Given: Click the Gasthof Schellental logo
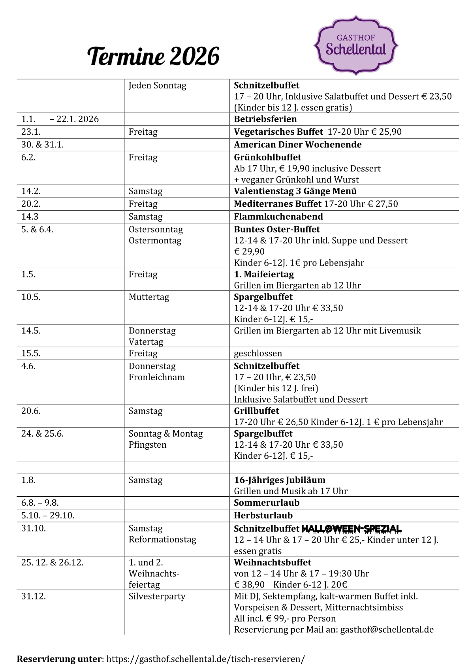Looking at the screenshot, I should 355,45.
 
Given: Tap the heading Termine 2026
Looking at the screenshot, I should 153,56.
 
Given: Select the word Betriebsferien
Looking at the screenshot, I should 265,119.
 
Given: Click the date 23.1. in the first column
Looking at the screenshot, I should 31,132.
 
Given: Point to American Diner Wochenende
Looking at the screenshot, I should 297,145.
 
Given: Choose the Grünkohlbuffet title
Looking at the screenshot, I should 267,157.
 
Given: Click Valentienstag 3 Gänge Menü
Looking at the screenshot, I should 295,191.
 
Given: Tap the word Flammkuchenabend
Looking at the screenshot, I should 278,217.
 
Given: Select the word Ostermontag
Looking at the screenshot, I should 155,241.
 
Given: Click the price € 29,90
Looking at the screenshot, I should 249,252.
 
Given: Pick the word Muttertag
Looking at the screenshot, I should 149,297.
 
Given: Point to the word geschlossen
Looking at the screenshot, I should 258,353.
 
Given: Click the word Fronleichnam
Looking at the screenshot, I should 156,377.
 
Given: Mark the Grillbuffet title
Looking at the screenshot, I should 256,411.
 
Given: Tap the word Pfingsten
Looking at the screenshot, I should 147,445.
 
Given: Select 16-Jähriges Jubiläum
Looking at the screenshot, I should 280,480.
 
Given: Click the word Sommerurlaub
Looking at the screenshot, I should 267,503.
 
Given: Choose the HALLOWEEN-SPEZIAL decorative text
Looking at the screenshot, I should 351,529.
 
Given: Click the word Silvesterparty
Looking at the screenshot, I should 157,596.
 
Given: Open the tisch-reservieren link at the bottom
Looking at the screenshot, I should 205,659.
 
